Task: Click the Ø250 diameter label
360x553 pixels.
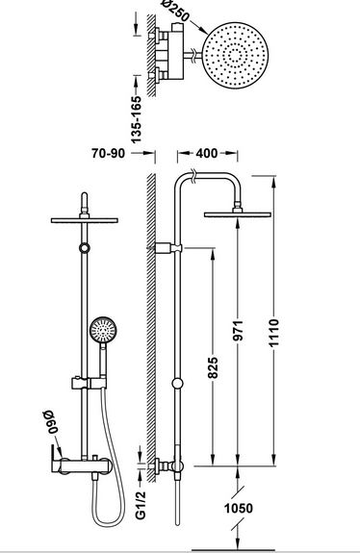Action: pyautogui.click(x=176, y=11)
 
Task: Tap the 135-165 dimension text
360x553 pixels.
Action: pyautogui.click(x=136, y=119)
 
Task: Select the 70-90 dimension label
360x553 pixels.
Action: pyautogui.click(x=108, y=154)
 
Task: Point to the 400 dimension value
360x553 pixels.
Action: pyautogui.click(x=206, y=153)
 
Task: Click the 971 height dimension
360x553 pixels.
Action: pyautogui.click(x=239, y=331)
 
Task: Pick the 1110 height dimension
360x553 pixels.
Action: pyautogui.click(x=274, y=333)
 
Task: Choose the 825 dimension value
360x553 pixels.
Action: pyautogui.click(x=213, y=367)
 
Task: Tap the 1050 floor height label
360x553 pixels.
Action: pyautogui.click(x=239, y=508)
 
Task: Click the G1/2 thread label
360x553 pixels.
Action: pyautogui.click(x=141, y=505)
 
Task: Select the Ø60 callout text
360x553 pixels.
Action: pyautogui.click(x=49, y=421)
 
